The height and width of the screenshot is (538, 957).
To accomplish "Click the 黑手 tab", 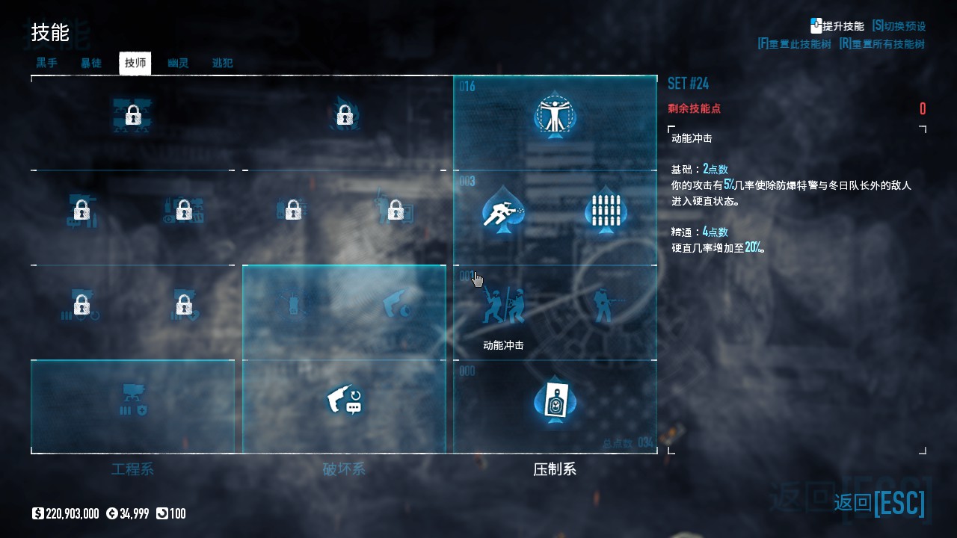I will point(47,63).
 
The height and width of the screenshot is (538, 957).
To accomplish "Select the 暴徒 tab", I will point(91,63).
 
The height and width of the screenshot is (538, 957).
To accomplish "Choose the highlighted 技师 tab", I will point(135,63).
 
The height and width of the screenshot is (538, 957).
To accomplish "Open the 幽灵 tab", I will point(178,63).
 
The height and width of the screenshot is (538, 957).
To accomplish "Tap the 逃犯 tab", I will point(223,63).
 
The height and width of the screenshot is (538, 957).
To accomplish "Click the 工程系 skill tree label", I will point(132,469).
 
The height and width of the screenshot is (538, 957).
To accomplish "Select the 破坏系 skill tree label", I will point(344,469).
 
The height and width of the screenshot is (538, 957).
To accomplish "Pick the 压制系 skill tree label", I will point(555,469).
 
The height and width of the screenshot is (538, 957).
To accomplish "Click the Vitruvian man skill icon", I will point(555,115).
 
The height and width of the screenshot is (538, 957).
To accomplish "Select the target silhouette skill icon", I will point(555,401).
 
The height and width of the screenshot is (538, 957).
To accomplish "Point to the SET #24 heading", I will point(688,83).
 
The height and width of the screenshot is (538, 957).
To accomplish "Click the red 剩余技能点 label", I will point(694,108).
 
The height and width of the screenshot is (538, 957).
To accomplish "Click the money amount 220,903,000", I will point(72,513).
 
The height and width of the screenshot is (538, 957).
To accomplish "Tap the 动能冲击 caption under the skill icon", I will point(503,345).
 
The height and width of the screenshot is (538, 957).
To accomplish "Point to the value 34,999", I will point(134,513).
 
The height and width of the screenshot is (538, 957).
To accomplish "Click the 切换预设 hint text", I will point(905,25).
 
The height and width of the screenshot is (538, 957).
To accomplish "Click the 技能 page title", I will point(50,33).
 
